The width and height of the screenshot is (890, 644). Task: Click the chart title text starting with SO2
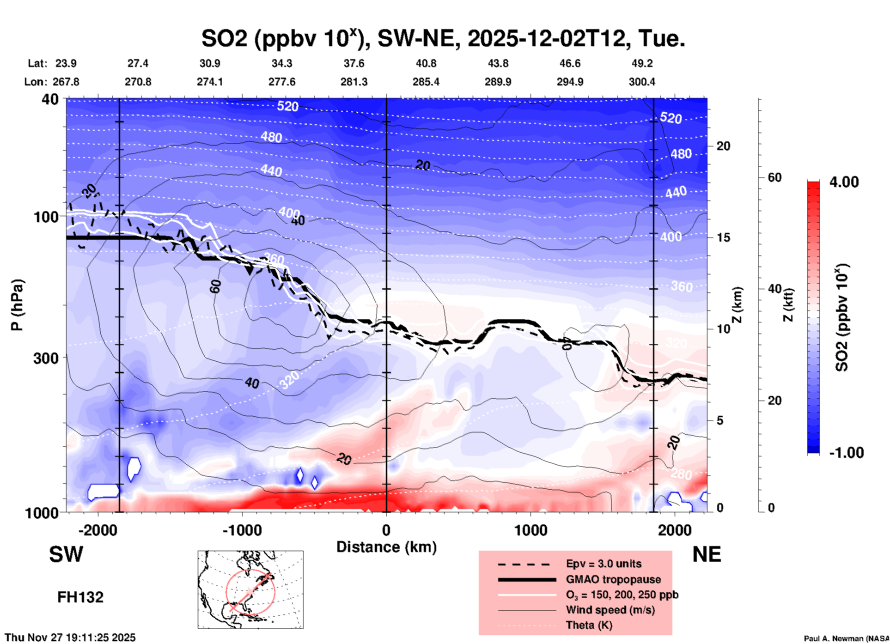point(443,38)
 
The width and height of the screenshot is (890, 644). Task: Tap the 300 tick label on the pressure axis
point(46,358)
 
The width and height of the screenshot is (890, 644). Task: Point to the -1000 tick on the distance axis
point(242,530)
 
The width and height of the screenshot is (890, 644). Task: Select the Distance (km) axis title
point(386,547)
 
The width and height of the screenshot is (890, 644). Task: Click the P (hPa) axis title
point(17,304)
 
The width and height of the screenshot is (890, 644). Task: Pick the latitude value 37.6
point(354,63)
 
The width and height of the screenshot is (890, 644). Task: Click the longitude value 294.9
point(570,82)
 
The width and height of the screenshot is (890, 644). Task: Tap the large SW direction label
point(66,554)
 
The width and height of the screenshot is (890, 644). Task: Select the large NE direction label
point(707,554)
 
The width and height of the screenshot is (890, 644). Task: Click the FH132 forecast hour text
point(80,597)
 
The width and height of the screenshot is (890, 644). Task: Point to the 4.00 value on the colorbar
point(844,182)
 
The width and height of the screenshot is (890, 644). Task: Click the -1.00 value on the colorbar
point(846,453)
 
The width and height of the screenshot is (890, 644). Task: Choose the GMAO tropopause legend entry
point(613,579)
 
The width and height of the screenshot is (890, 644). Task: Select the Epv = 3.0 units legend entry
point(603,564)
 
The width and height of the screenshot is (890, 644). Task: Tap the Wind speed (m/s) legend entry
point(610,610)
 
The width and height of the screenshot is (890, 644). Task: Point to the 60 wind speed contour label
point(215,286)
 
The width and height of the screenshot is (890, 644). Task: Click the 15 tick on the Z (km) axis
point(723,237)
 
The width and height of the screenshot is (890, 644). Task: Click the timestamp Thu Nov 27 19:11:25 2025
point(70,638)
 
